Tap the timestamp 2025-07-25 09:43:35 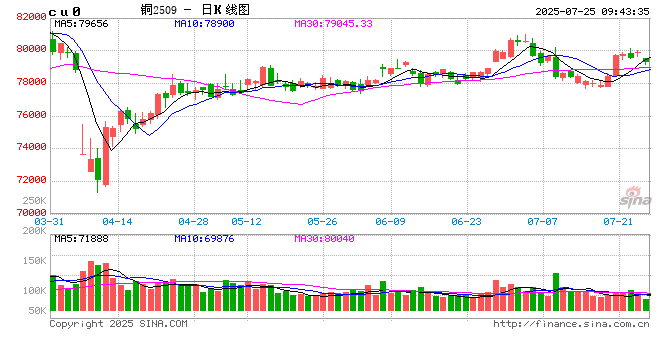point(586,9)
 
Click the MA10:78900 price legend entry point(206,22)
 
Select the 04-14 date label point(118,221)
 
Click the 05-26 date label point(322,221)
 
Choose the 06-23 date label point(467,221)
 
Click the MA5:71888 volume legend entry point(82,238)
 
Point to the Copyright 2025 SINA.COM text point(118,324)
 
